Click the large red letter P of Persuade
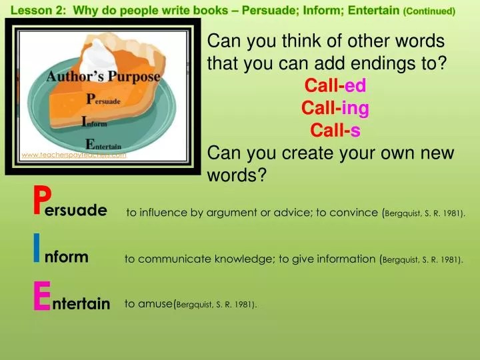tap(41, 199)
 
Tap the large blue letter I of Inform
tap(37, 251)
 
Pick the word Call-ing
tap(335, 109)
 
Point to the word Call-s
tap(335, 131)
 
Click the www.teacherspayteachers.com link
tap(73, 155)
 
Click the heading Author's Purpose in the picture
tap(103, 76)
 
